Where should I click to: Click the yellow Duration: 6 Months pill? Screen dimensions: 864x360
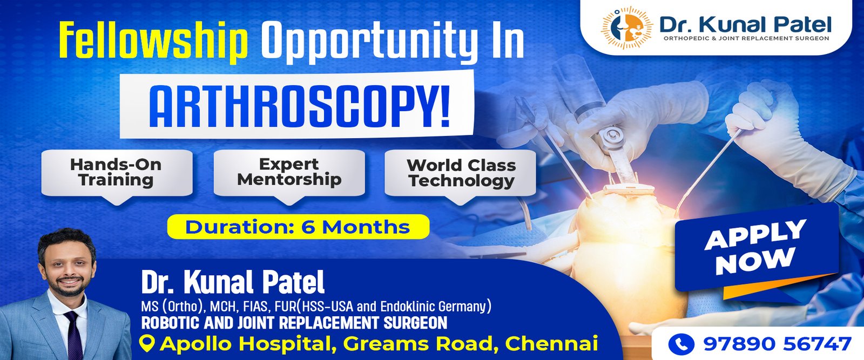[298, 227]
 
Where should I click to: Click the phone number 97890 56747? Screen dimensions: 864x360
[777, 344]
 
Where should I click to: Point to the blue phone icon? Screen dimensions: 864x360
[681, 344]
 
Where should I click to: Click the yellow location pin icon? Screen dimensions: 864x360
[148, 343]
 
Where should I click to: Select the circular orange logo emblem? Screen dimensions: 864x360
[627, 28]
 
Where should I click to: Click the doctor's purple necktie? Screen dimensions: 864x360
[74, 335]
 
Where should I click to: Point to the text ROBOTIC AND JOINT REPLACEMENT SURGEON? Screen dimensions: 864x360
[294, 323]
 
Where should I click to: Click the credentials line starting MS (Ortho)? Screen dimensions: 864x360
[316, 307]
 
